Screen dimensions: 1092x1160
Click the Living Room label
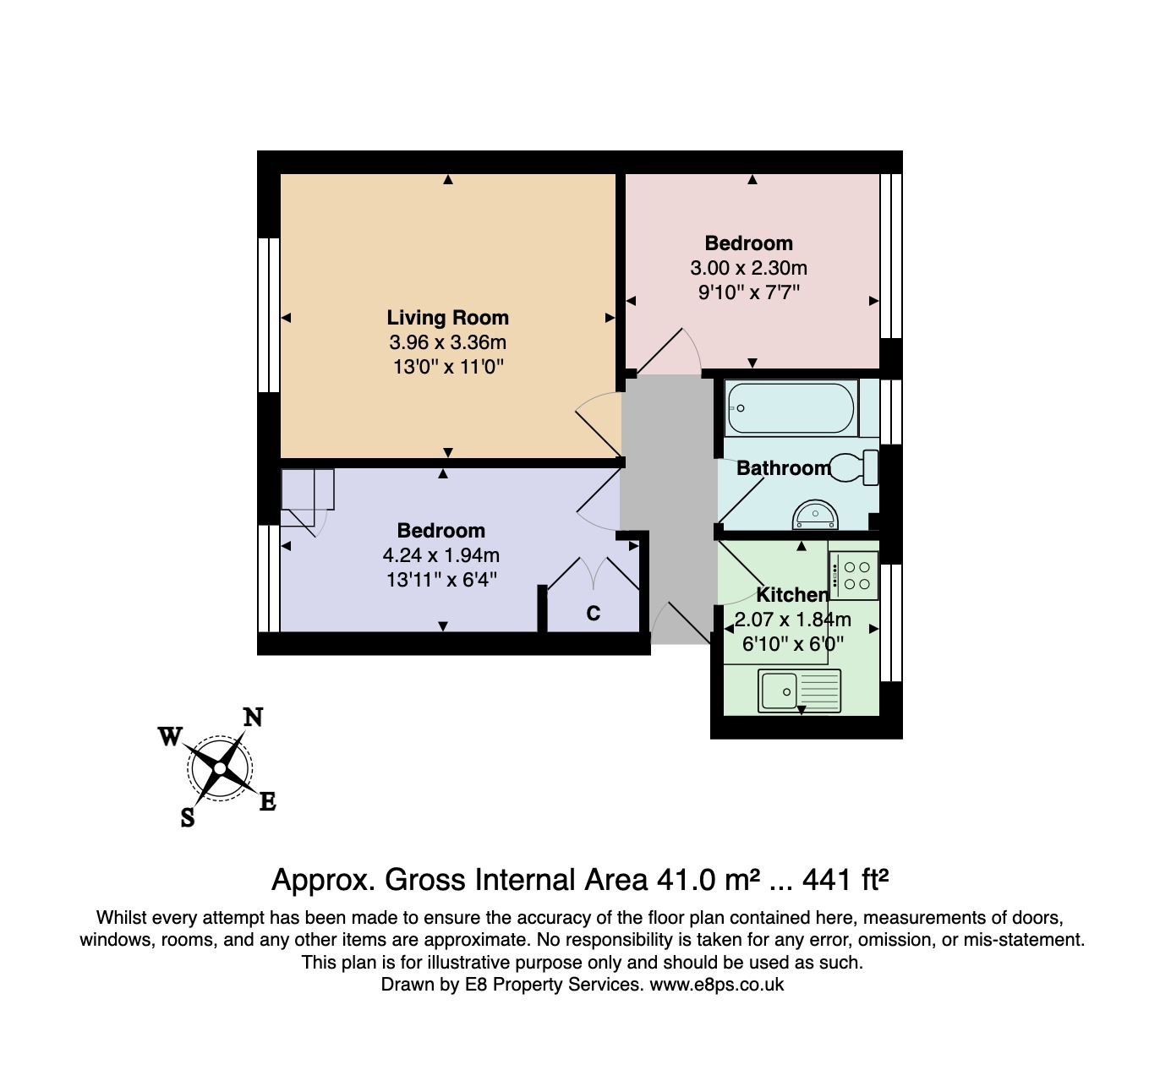(x=447, y=318)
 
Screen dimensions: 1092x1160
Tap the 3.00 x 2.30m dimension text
(x=748, y=268)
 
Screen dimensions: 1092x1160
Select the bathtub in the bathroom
(x=791, y=408)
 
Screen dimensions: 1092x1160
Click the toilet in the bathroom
(x=856, y=467)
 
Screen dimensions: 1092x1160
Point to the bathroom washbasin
(x=815, y=515)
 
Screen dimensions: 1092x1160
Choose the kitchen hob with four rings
(x=853, y=576)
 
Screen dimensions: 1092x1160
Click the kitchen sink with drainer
(x=799, y=690)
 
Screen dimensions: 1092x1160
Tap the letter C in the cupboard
(x=594, y=614)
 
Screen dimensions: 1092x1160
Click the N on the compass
(x=253, y=718)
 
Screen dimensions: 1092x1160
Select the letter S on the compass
(x=188, y=817)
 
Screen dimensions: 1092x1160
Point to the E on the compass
(x=267, y=802)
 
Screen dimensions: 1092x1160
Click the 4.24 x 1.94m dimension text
(x=440, y=555)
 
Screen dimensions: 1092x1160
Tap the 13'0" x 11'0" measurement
(x=447, y=367)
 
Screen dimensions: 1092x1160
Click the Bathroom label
(x=783, y=468)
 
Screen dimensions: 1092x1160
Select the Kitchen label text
(x=791, y=595)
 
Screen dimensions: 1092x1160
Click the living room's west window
(x=269, y=314)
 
